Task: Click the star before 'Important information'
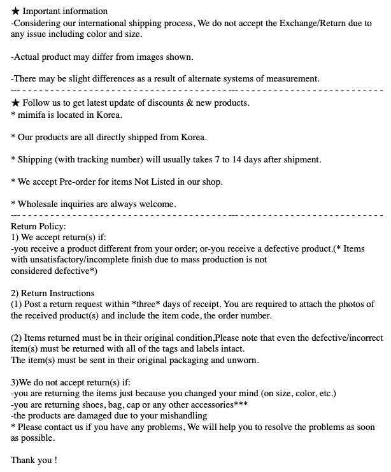pyautogui.click(x=16, y=11)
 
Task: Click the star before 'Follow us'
pyautogui.click(x=16, y=103)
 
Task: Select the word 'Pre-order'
pyautogui.click(x=80, y=182)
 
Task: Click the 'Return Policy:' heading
pyautogui.click(x=38, y=226)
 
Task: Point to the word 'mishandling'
pyautogui.click(x=183, y=416)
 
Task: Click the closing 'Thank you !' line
pyautogui.click(x=34, y=460)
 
